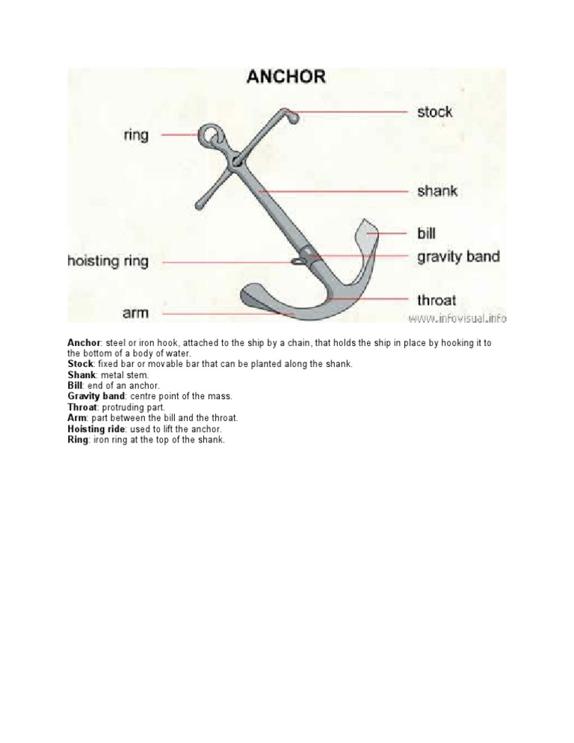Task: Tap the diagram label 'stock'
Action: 434,112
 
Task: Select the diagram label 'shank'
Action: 437,191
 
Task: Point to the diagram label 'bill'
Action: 426,234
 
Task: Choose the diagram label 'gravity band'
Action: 458,257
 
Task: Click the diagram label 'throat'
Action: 436,300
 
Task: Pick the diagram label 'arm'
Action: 135,313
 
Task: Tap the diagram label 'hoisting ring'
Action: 108,262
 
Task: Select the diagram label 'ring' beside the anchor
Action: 137,135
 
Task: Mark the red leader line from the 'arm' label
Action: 202,314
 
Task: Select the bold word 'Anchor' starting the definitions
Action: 84,342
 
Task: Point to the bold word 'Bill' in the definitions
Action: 75,385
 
